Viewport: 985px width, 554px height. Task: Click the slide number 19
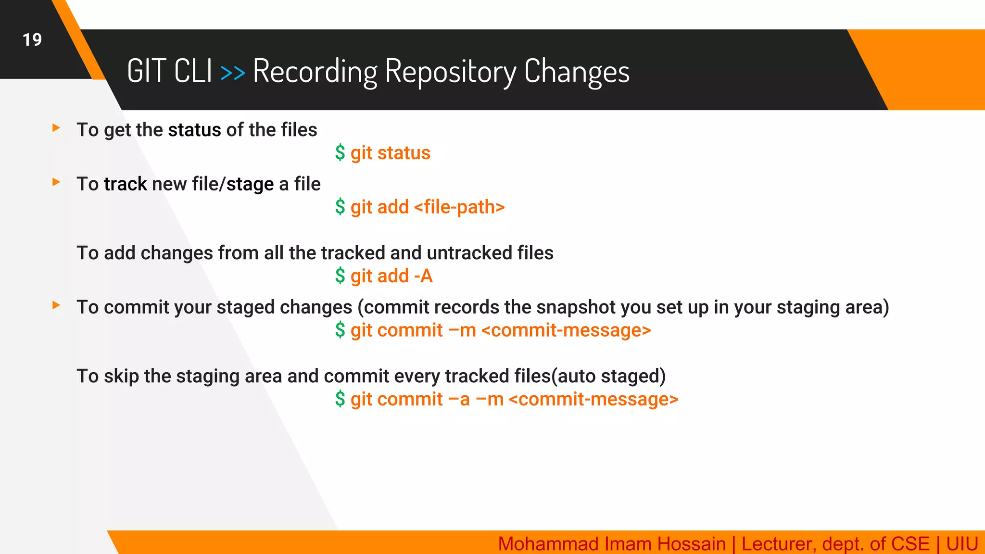click(32, 39)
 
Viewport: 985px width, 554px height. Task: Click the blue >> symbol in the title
click(232, 73)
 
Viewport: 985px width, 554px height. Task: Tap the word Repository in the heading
click(450, 72)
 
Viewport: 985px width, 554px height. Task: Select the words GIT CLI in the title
click(169, 71)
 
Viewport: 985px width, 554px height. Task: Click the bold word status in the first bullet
click(194, 130)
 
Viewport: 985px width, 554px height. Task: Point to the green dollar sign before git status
click(340, 153)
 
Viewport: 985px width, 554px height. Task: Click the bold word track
click(125, 184)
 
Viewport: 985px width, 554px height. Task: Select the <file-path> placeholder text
click(459, 207)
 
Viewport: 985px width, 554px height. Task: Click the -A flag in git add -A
click(423, 277)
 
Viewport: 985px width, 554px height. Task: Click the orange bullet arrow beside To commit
click(56, 305)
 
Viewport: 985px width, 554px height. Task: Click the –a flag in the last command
click(459, 400)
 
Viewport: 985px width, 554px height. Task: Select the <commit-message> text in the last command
click(593, 400)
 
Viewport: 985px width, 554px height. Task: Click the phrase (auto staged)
click(608, 376)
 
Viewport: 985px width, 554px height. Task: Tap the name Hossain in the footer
click(691, 544)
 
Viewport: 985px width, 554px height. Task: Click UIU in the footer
click(961, 544)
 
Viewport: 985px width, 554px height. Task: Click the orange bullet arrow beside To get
click(56, 128)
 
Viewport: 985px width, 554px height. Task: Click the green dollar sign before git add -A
click(340, 276)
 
